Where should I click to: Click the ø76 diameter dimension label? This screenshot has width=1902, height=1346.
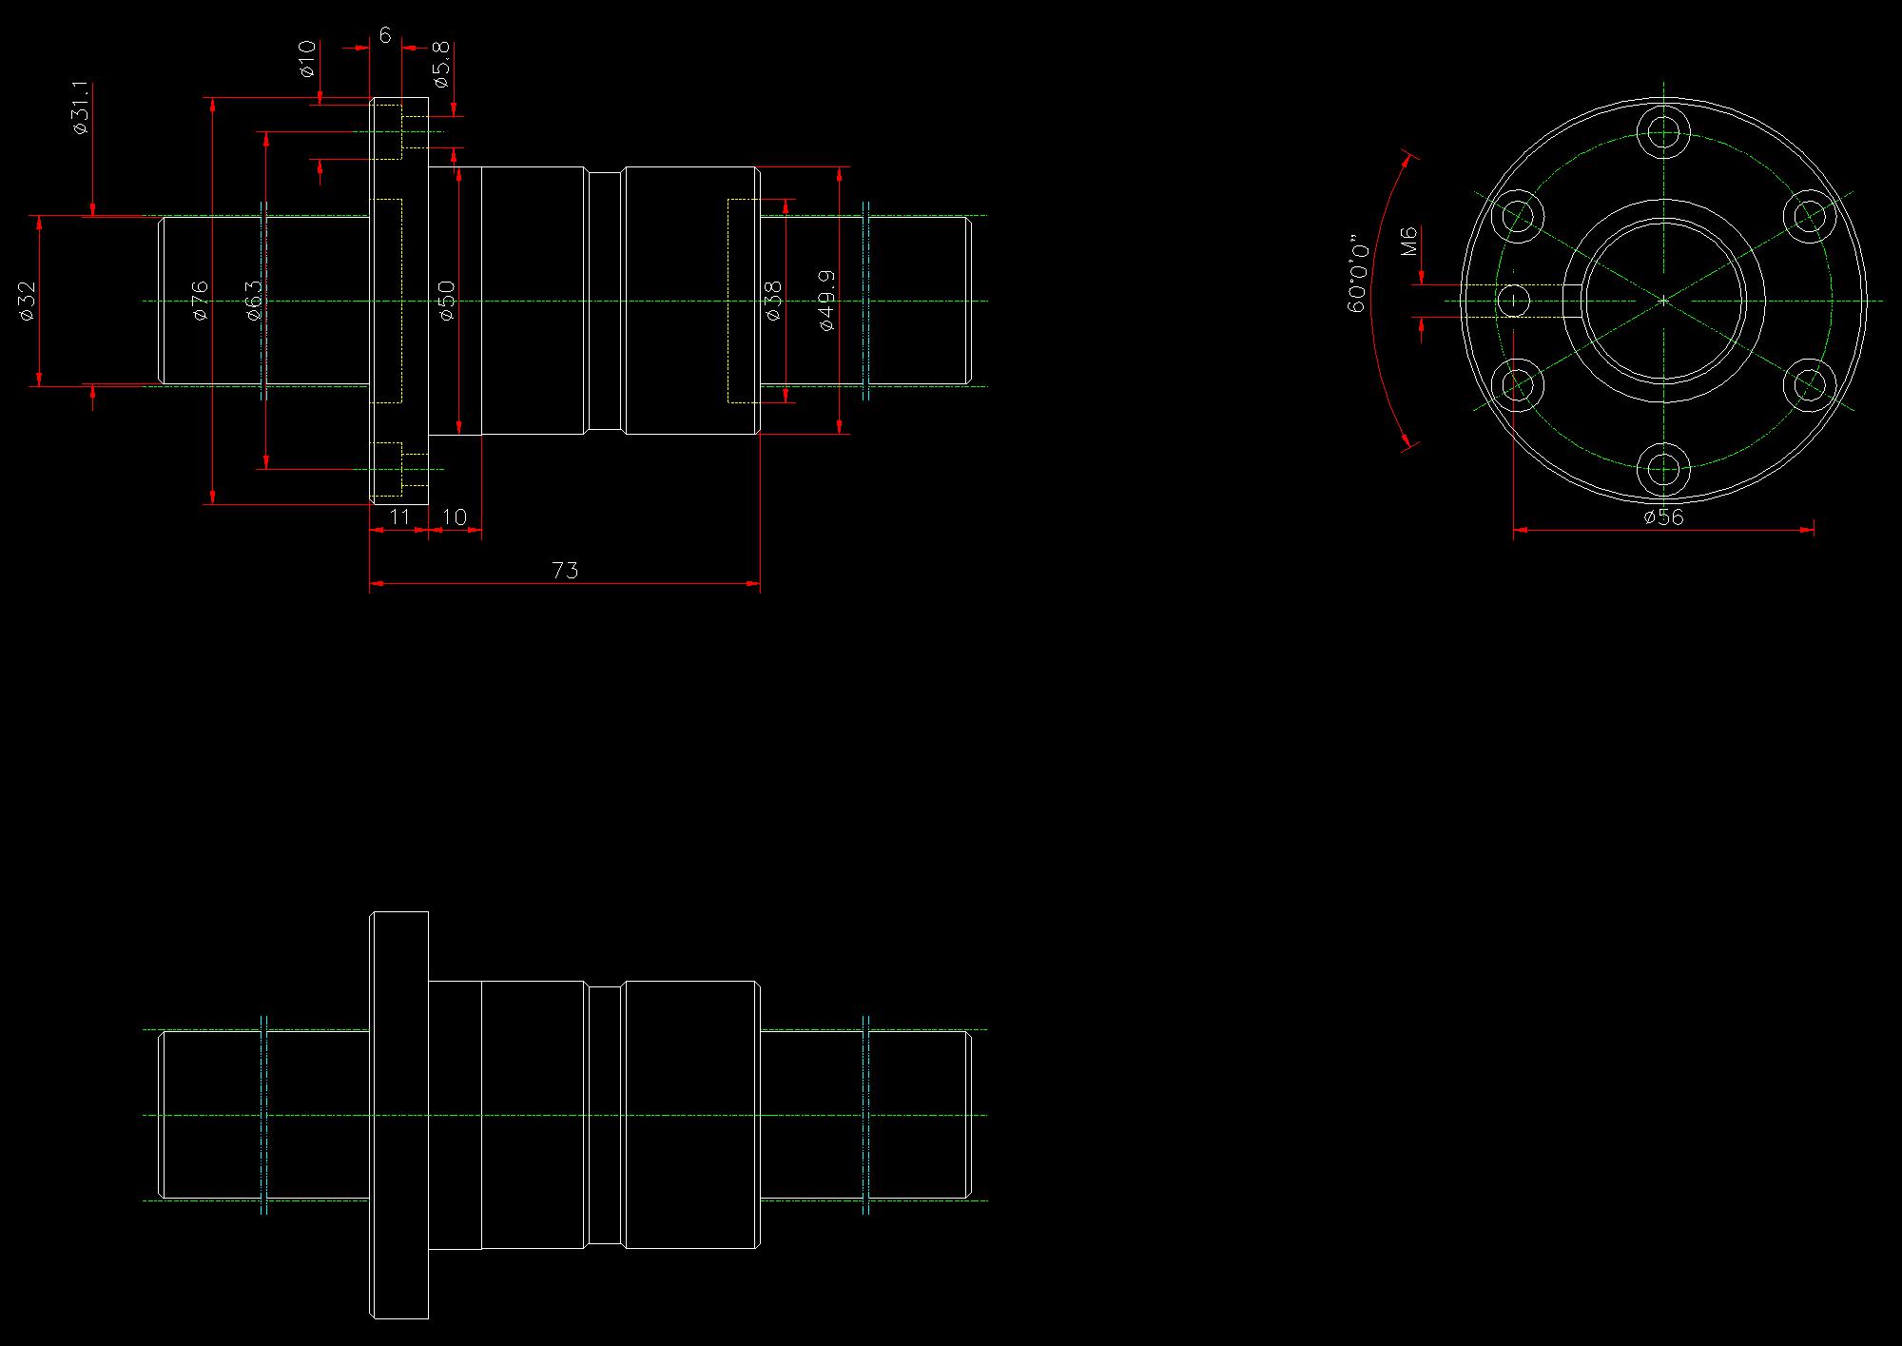[x=200, y=301]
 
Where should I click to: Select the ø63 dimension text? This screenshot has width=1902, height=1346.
[x=254, y=301]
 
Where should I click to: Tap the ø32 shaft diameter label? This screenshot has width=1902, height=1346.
[x=28, y=301]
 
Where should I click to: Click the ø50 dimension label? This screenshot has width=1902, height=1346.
[x=447, y=301]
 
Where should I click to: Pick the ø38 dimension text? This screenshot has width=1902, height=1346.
[x=773, y=301]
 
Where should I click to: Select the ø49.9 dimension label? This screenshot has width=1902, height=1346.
[x=826, y=301]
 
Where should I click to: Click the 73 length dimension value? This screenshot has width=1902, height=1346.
[x=565, y=570]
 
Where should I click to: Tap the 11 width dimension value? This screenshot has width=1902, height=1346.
[x=400, y=517]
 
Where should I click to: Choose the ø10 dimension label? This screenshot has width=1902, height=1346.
[x=306, y=58]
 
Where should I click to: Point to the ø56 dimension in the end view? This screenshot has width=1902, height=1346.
[x=1663, y=517]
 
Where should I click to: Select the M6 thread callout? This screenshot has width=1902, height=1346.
[x=1409, y=241]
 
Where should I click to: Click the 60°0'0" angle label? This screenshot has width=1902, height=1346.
[x=1358, y=275]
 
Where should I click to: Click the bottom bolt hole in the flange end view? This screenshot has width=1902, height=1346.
[x=1663, y=470]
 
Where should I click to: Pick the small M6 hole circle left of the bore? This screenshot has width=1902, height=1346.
[x=1513, y=302]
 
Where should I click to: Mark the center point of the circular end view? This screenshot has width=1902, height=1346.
[x=1663, y=301]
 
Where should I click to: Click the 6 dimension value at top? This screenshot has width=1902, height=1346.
[x=385, y=35]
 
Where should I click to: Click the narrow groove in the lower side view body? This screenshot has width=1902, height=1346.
[x=606, y=1115]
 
